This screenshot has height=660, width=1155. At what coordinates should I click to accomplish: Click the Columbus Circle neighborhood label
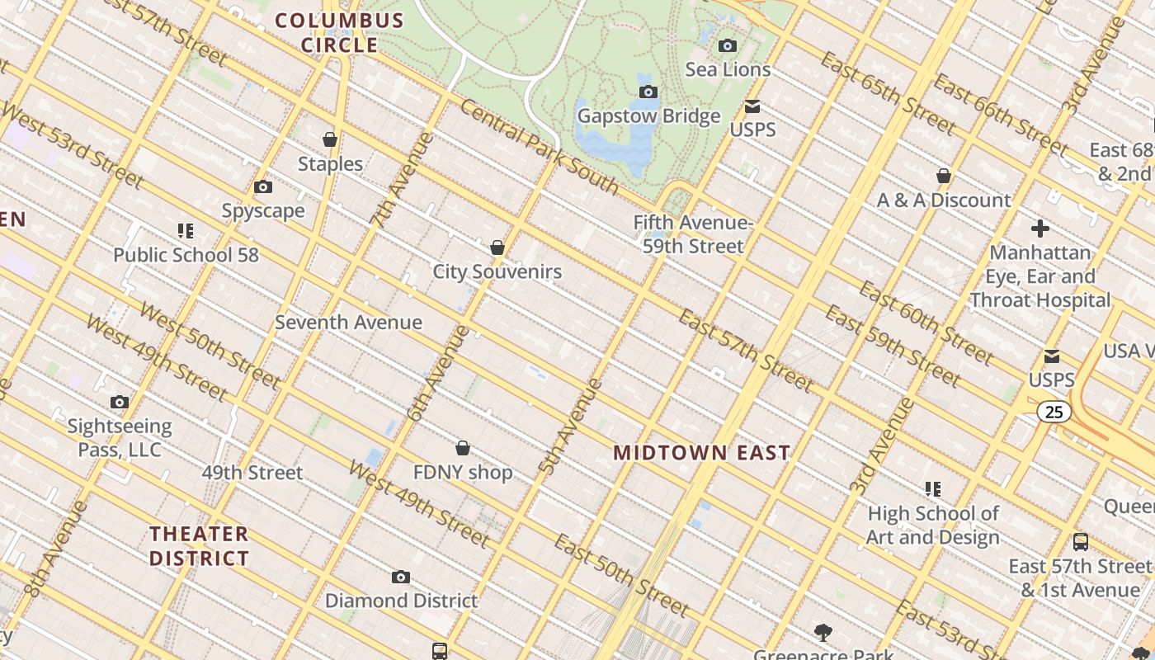(339, 32)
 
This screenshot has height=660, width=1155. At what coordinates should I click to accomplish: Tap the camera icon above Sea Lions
(728, 46)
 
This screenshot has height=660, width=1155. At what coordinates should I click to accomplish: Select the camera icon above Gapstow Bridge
(648, 92)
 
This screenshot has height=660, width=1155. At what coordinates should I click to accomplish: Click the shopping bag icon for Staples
(330, 140)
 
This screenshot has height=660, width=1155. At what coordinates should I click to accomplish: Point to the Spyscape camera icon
(263, 187)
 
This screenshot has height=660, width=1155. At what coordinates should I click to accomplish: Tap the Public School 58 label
(186, 255)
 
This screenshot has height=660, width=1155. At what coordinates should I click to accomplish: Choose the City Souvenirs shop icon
(497, 247)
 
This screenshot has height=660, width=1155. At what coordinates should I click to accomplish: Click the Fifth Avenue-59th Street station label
(692, 234)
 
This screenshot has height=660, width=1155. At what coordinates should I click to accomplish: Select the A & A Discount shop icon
(944, 177)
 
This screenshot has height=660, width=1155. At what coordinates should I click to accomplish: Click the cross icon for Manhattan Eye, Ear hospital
(1039, 229)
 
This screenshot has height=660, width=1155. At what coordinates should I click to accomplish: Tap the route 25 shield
(1054, 412)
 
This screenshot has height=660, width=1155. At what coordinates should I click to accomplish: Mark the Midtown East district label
(702, 453)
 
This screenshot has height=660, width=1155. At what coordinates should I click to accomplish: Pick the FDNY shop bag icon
(463, 448)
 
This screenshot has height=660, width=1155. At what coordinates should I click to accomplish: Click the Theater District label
(200, 546)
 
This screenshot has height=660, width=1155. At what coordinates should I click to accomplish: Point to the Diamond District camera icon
(401, 577)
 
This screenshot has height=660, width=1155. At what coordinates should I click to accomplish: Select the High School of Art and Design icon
(933, 489)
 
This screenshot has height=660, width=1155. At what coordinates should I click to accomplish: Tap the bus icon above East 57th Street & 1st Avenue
(1080, 542)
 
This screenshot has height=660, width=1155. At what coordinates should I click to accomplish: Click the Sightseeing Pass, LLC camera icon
(120, 403)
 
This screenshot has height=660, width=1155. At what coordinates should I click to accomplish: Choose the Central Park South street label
(539, 147)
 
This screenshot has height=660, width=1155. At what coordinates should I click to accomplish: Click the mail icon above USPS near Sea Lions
(752, 106)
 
